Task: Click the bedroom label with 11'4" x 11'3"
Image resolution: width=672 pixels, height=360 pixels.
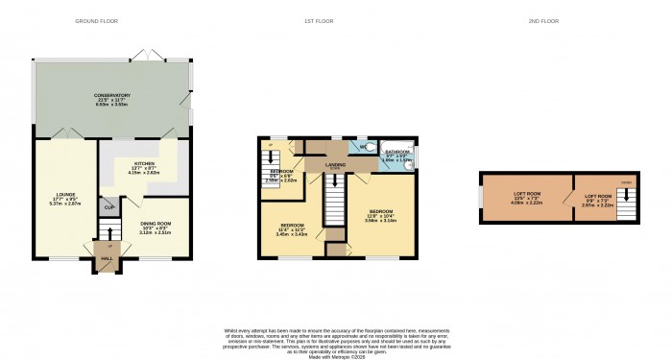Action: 293,228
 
